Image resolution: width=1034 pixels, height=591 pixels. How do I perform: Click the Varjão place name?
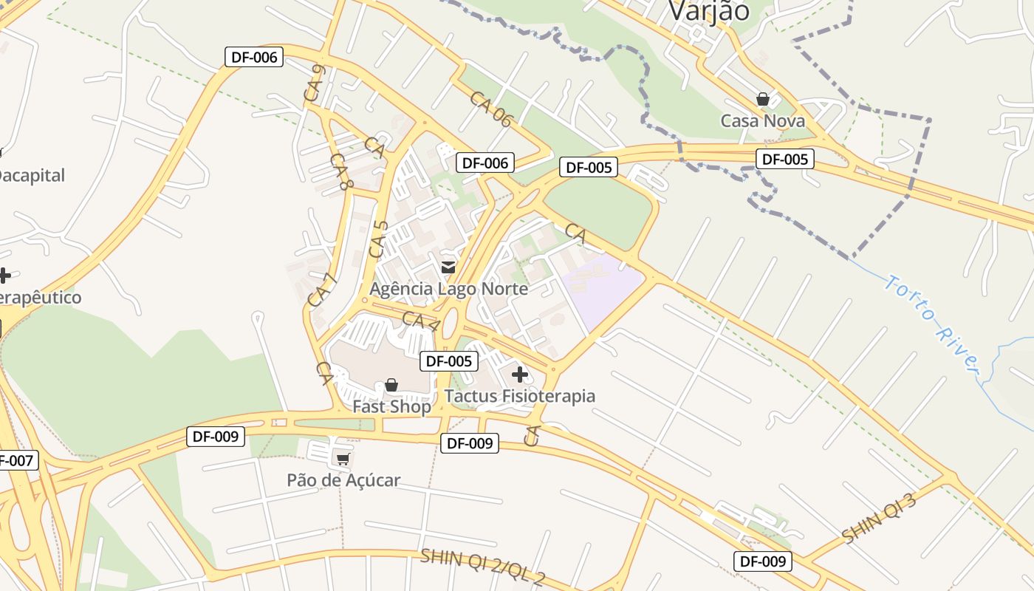[x=708, y=10]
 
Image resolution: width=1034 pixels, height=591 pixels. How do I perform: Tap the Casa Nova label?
[x=763, y=120]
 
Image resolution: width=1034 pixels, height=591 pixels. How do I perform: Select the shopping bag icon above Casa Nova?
[x=763, y=99]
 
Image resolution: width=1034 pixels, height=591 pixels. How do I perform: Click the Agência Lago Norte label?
[x=449, y=288]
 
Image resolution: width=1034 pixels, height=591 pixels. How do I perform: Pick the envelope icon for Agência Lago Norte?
[x=448, y=267]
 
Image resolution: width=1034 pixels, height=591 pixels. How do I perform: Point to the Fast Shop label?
[x=391, y=407]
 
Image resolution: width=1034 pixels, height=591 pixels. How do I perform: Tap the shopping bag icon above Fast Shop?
[x=391, y=385]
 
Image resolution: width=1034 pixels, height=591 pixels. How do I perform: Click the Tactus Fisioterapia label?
[x=520, y=396]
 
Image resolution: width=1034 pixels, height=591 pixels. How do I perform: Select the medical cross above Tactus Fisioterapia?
[x=520, y=375]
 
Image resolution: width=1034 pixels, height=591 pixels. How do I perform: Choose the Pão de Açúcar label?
[x=343, y=480]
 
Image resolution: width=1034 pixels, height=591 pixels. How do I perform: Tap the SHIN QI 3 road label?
[x=879, y=519]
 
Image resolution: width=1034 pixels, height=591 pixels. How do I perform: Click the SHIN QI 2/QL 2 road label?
[x=482, y=566]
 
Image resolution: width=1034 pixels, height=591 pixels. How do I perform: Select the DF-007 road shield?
[x=15, y=461]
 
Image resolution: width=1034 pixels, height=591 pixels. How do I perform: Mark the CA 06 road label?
[x=490, y=109]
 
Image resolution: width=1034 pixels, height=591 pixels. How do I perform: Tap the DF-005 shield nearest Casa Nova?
[x=784, y=159]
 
